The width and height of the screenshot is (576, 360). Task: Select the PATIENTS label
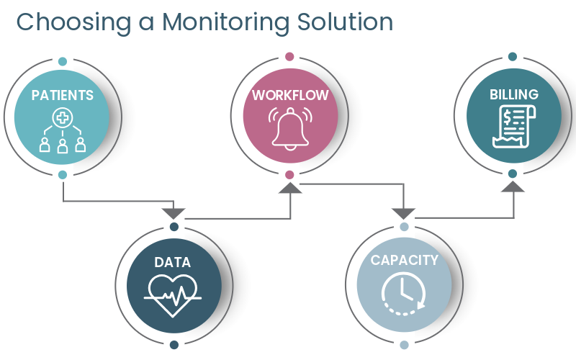pos(63,95)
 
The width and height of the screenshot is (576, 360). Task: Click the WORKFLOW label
pos(289,95)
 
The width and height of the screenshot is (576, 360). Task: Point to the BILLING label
pos(513,94)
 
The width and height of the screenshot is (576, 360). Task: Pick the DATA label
pos(173,263)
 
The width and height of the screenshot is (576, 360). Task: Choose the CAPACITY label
pos(404,260)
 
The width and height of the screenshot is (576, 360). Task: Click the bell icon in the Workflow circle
pos(289,129)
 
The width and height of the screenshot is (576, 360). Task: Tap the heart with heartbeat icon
pos(174,293)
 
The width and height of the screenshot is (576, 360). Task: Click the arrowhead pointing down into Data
pos(174,213)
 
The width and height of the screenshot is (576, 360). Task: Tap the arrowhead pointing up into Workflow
pos(289,188)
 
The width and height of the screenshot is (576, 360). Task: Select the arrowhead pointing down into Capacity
pos(403,213)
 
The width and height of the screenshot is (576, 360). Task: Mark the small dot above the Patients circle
pos(63,61)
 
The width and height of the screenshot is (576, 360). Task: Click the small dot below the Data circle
pos(174,345)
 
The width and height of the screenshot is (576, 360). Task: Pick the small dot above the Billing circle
pos(513,56)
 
